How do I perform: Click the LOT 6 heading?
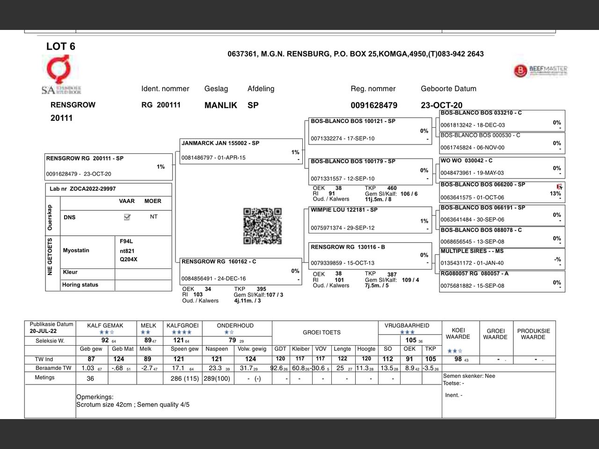[x=60, y=46]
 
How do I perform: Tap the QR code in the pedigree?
[x=263, y=226]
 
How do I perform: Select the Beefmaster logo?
[x=541, y=71]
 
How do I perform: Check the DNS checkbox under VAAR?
[x=127, y=217]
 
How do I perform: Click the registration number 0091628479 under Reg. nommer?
[x=374, y=105]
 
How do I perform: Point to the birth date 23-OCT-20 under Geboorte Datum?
[x=441, y=105]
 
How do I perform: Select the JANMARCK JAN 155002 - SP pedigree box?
[x=241, y=151]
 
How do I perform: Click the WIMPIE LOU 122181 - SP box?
[x=370, y=219]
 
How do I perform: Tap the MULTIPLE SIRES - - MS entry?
[x=502, y=259]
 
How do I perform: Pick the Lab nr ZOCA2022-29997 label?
[x=83, y=189]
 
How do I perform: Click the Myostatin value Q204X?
[x=129, y=260]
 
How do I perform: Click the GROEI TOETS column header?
[x=321, y=333]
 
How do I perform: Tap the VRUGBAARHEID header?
[x=407, y=326]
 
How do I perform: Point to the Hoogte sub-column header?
[x=366, y=349]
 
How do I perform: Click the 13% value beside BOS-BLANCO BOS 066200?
[x=555, y=194]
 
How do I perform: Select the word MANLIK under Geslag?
[x=220, y=105]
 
